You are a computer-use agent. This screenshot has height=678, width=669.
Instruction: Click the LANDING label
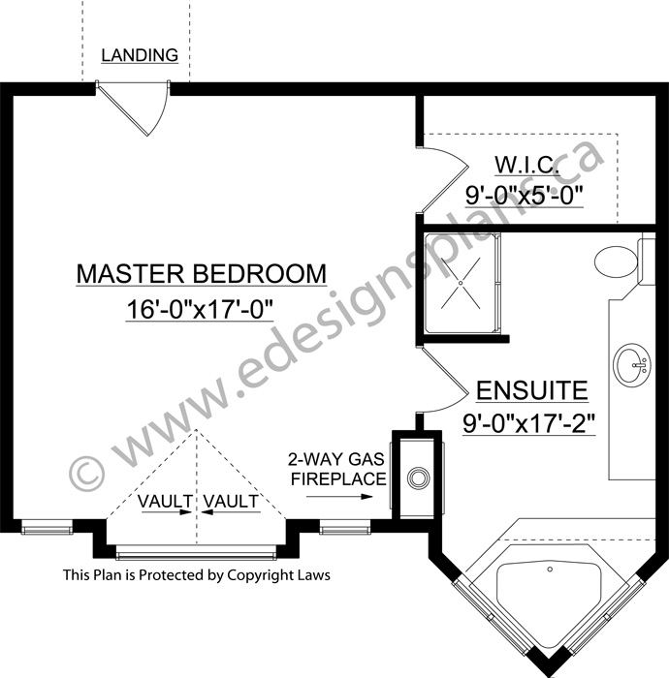(140, 55)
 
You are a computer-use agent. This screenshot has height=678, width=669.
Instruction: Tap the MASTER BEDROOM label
(202, 273)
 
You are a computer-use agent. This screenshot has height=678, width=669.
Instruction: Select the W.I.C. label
(526, 165)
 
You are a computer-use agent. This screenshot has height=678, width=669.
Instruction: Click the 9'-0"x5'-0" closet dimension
(524, 195)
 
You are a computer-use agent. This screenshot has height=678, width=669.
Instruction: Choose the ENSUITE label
(532, 390)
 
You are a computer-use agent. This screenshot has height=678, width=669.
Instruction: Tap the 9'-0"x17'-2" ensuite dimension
(529, 424)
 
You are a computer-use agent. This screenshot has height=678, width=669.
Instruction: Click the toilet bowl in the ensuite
(617, 262)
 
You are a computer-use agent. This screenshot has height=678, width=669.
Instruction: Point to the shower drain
(461, 283)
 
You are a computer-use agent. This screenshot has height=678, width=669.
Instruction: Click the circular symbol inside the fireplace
(418, 478)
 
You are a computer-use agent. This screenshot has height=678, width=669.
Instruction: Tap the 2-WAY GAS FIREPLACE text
(337, 469)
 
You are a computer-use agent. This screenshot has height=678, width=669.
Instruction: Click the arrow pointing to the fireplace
(339, 496)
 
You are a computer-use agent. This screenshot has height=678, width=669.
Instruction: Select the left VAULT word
(165, 501)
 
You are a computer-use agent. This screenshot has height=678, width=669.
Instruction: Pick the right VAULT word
(231, 501)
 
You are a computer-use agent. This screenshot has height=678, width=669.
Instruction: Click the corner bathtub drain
(550, 570)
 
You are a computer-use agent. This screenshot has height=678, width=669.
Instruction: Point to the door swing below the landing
(158, 111)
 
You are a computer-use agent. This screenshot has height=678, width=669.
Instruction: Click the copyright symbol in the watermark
(86, 474)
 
